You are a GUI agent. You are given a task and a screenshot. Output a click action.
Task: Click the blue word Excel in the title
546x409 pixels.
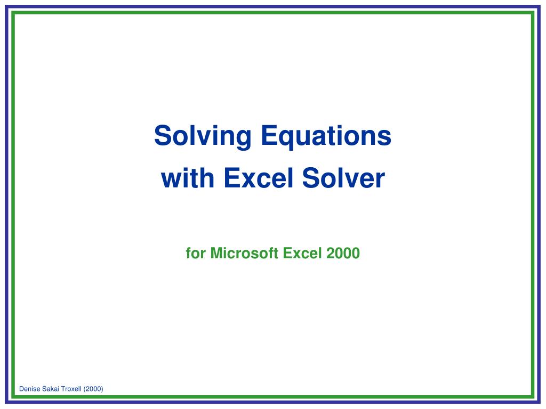pyautogui.click(x=259, y=178)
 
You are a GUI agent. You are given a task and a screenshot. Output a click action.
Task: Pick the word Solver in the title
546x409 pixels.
pyautogui.click(x=343, y=178)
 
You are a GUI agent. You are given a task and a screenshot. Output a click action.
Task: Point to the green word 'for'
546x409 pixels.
pyautogui.click(x=196, y=253)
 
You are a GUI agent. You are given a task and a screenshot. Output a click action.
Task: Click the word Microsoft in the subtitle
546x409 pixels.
pyautogui.click(x=244, y=253)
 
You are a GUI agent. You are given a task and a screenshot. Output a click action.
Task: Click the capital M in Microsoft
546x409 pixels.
pyautogui.click(x=215, y=253)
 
